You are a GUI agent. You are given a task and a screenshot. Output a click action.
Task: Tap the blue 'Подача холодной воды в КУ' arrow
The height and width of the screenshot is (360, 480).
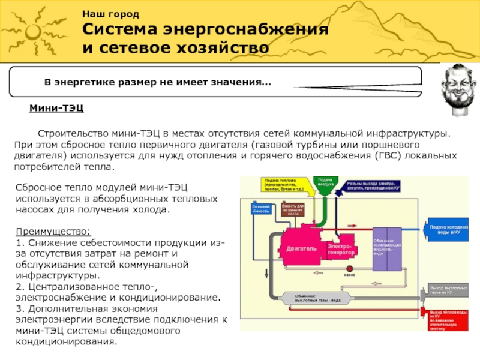pyautogui.click(x=450, y=230)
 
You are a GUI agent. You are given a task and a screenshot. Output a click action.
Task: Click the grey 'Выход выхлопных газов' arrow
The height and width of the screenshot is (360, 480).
pyautogui.click(x=450, y=291)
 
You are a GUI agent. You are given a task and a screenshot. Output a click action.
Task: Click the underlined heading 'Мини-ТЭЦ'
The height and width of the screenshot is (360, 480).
pyautogui.click(x=56, y=108)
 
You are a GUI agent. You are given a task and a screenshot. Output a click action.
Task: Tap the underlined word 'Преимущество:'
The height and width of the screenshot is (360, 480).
pyautogui.click(x=53, y=231)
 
